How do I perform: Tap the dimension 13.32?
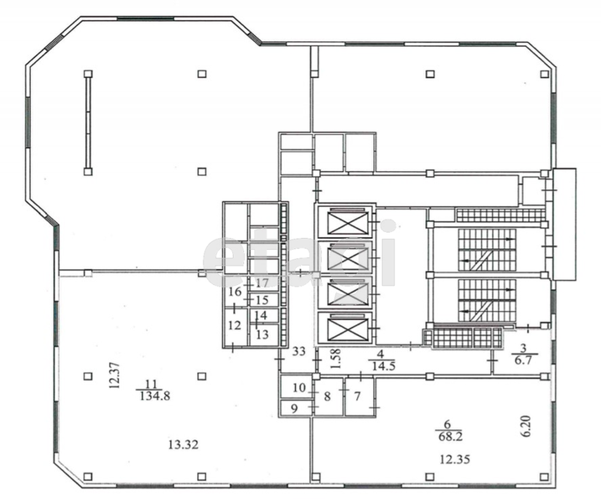click(x=184, y=444)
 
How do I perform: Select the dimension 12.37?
click(x=115, y=375)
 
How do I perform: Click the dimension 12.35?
click(x=454, y=459)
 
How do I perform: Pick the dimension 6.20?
click(x=526, y=426)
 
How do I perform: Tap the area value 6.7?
click(x=523, y=360)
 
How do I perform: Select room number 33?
click(x=298, y=351)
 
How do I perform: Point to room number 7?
click(x=357, y=396)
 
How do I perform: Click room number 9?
click(x=294, y=408)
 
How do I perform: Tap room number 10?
click(x=299, y=388)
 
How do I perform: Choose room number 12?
click(x=235, y=325)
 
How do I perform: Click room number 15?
click(x=262, y=300)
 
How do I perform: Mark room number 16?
click(x=235, y=292)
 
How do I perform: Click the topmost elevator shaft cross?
click(x=348, y=222)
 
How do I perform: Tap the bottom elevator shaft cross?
click(x=348, y=330)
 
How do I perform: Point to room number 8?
click(x=327, y=396)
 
